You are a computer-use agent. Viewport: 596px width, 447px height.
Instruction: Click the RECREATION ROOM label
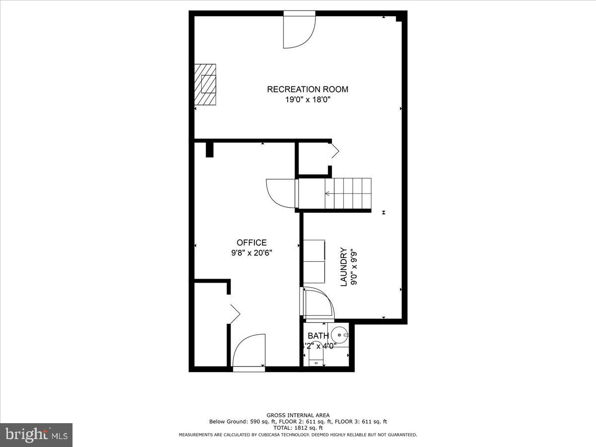(x=307, y=89)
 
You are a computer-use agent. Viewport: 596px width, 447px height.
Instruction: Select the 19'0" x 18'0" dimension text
(x=307, y=100)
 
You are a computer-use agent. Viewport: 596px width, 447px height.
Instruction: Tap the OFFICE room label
(x=251, y=242)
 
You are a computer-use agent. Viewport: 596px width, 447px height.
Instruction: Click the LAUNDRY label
(x=343, y=267)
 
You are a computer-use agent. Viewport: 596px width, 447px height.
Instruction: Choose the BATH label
(x=318, y=336)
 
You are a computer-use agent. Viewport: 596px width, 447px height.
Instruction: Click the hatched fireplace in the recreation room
(x=205, y=84)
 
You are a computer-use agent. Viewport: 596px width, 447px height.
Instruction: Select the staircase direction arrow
(x=328, y=194)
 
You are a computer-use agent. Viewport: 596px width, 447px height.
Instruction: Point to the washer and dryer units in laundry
(x=314, y=261)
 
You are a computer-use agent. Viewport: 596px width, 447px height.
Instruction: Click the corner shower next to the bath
(x=318, y=304)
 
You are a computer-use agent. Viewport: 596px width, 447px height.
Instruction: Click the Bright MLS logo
(x=36, y=435)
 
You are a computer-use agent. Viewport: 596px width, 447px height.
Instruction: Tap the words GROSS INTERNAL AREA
(x=298, y=415)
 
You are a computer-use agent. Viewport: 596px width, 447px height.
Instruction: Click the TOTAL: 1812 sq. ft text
(x=298, y=428)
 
